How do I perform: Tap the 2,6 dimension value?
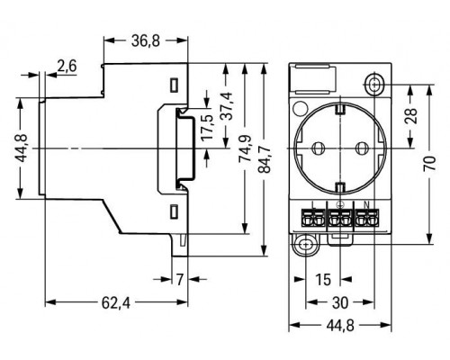[66, 65]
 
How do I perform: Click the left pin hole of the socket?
[319, 148]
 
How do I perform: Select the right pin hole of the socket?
[362, 148]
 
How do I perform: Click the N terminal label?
[363, 204]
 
